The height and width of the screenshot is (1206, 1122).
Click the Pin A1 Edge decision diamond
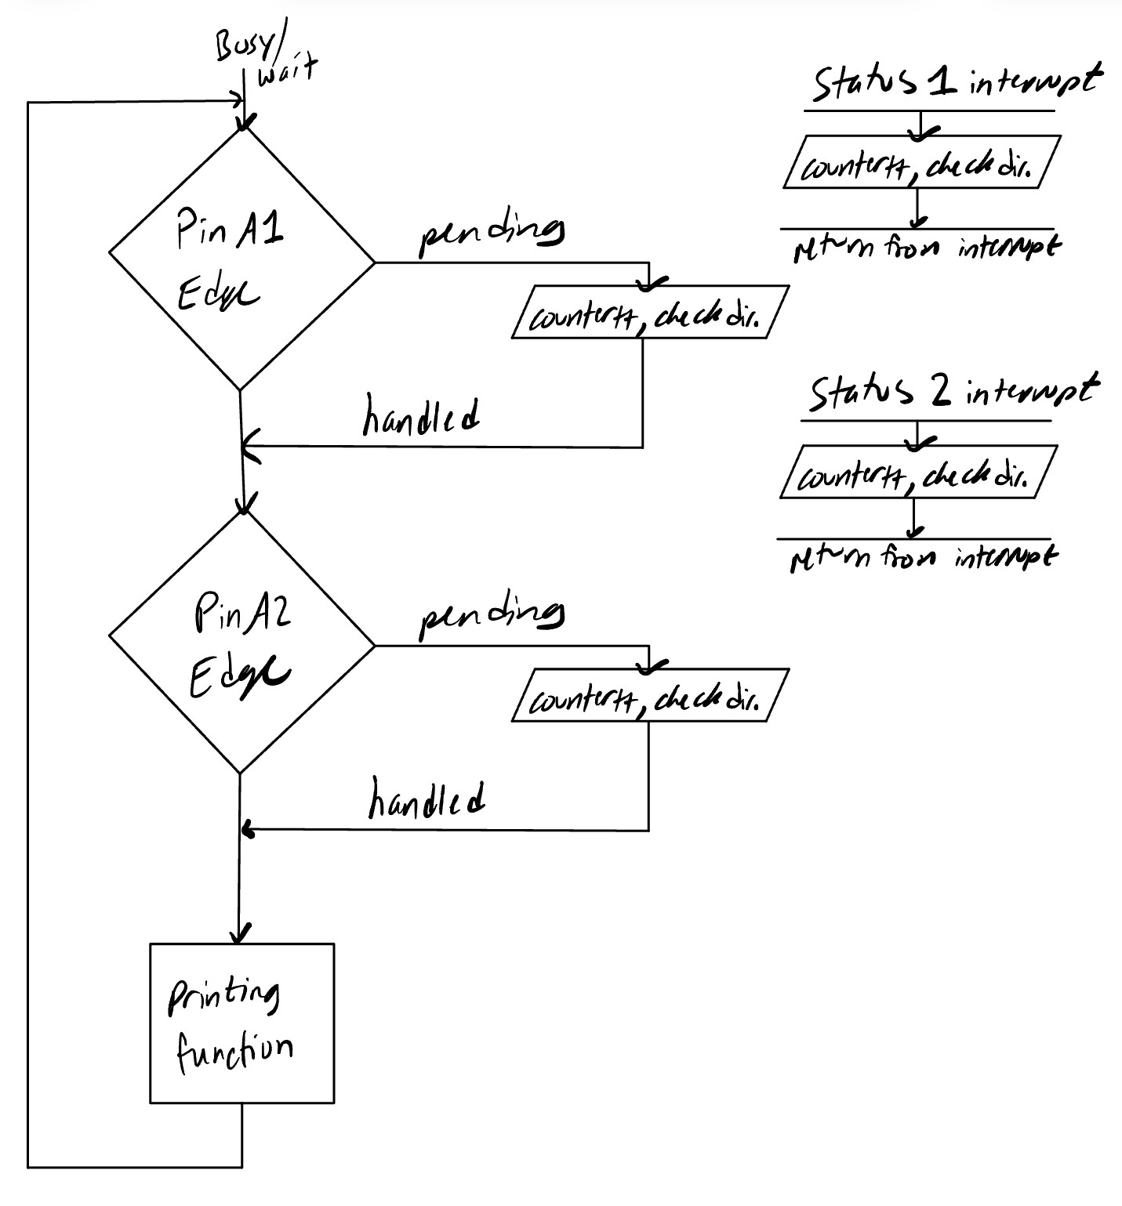(x=241, y=259)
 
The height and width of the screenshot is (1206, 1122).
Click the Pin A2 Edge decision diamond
(x=241, y=644)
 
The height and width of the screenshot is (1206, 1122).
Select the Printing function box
(x=241, y=1023)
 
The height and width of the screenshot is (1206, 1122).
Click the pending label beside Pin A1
(x=492, y=234)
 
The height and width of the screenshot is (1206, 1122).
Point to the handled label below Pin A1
(x=421, y=415)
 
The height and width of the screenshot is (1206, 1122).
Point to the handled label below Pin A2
(x=426, y=799)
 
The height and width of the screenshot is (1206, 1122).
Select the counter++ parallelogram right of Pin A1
(x=649, y=313)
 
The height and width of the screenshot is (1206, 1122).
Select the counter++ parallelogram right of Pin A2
(x=649, y=695)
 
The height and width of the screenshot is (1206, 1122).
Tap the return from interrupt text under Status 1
(x=925, y=249)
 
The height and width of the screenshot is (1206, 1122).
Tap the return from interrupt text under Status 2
(x=923, y=558)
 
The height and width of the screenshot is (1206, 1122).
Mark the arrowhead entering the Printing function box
(x=240, y=935)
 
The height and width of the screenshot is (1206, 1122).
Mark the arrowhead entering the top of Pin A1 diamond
(x=245, y=124)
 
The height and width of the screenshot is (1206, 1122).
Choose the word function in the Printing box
(x=234, y=1050)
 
